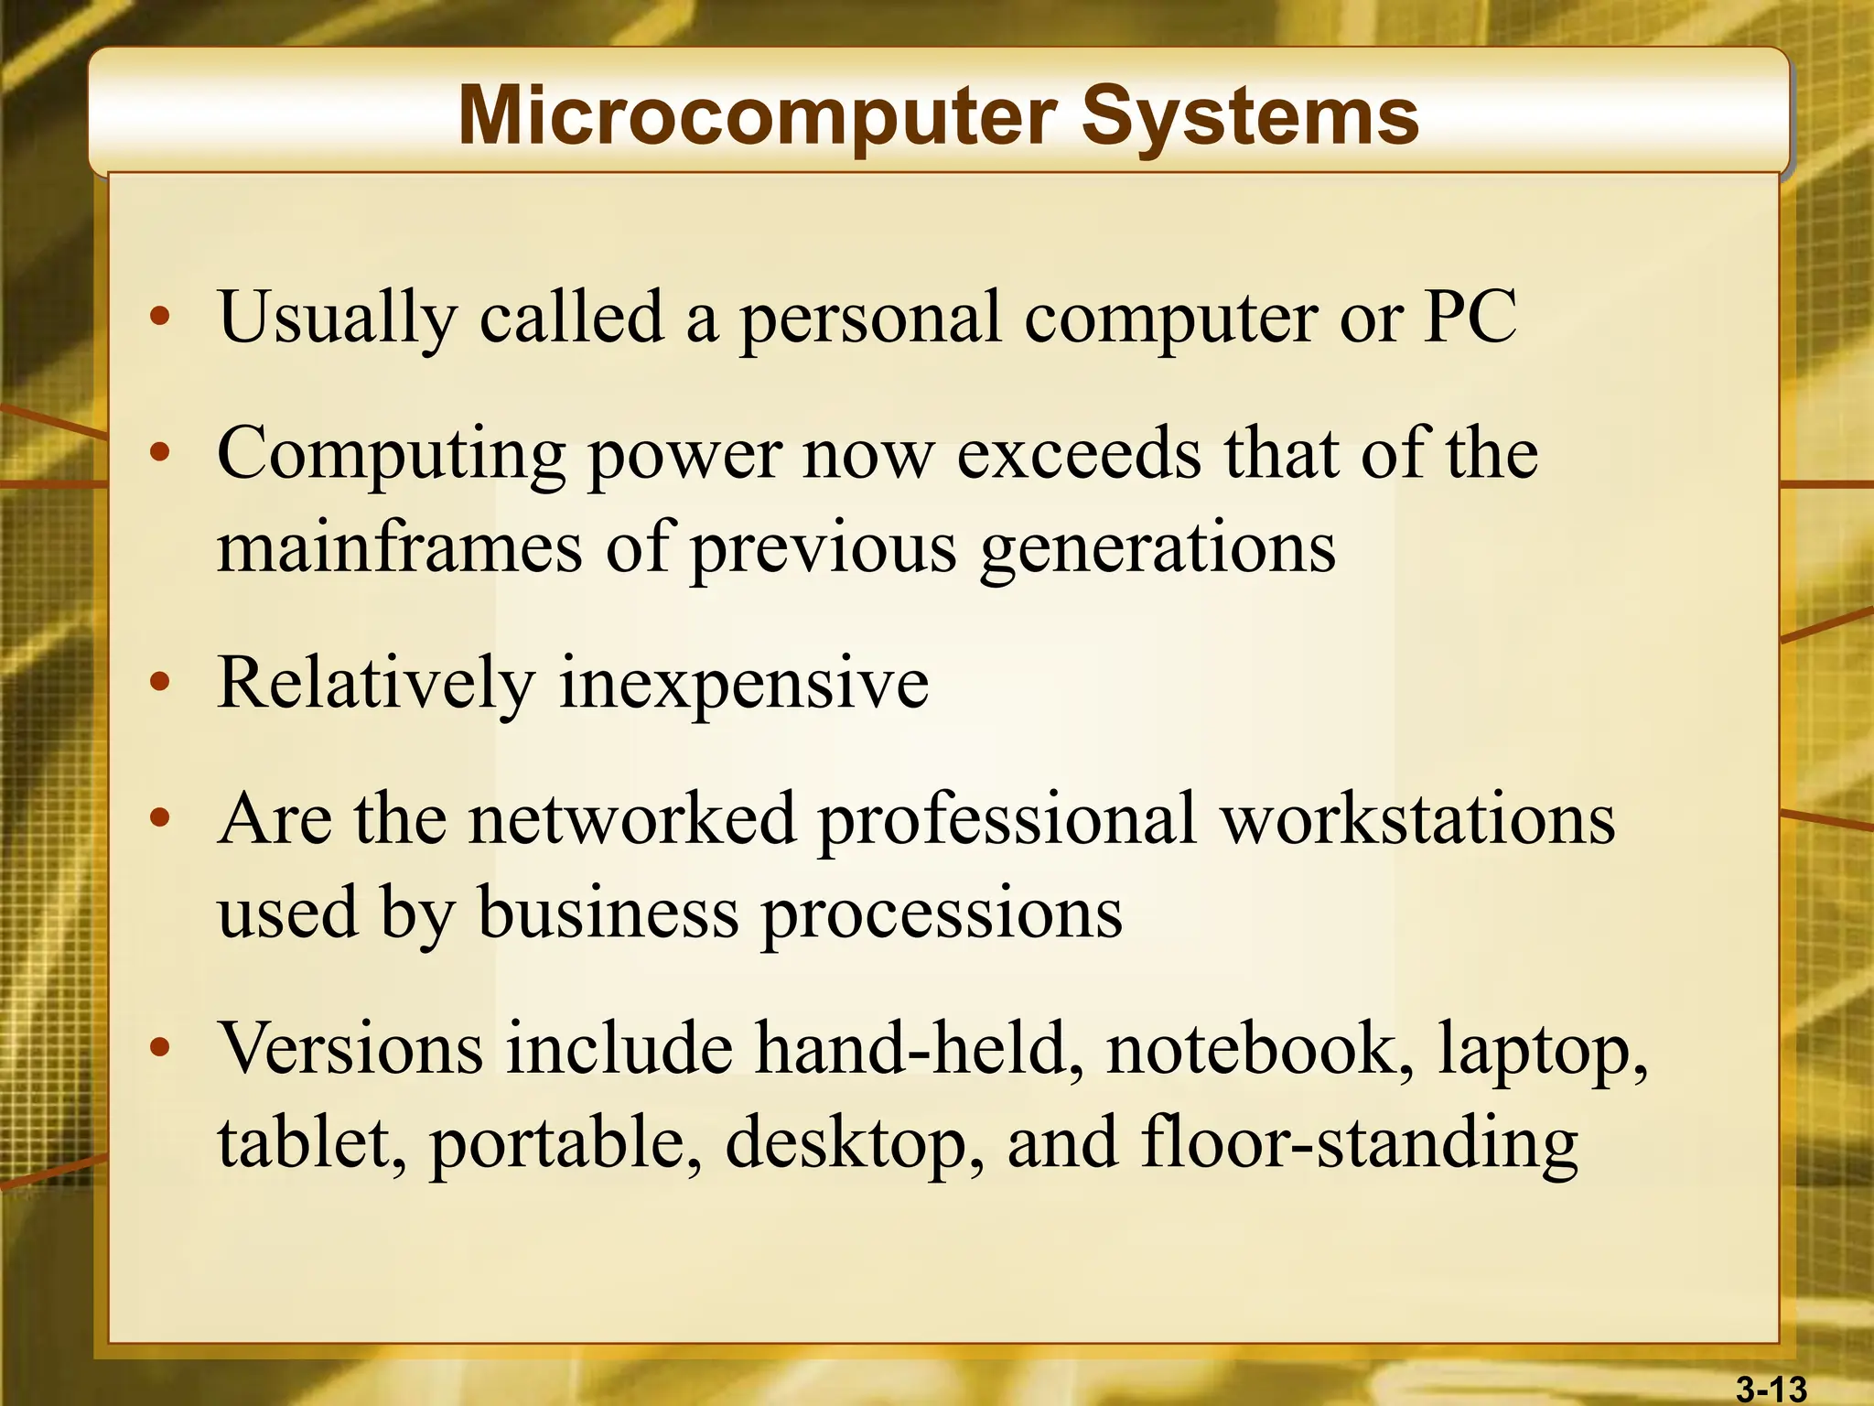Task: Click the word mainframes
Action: coord(399,547)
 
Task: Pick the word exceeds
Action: coord(1078,454)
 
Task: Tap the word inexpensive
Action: coord(744,684)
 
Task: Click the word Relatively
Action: coord(375,684)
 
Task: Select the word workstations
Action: coord(1418,818)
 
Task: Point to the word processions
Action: coord(942,914)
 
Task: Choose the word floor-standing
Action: coord(1360,1144)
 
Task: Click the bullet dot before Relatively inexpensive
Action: coord(160,682)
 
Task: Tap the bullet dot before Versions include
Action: coord(160,1047)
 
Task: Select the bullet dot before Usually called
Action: coord(160,316)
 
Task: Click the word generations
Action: coord(1158,547)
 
